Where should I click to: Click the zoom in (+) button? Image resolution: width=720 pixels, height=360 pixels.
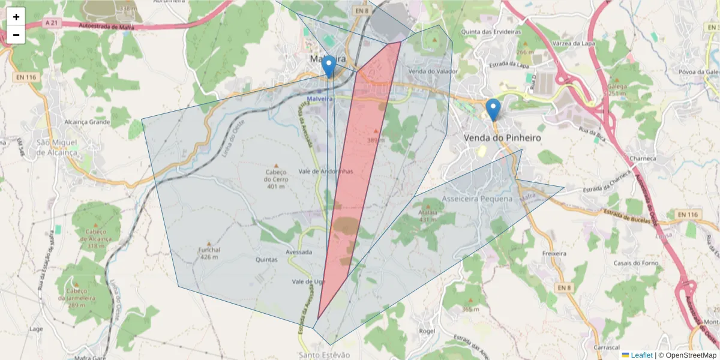click(x=16, y=17)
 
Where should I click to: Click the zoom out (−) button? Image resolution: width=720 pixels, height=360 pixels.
click(x=16, y=35)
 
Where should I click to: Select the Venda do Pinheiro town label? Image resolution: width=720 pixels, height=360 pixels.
click(x=502, y=138)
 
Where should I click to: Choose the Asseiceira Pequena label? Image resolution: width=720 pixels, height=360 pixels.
click(x=478, y=199)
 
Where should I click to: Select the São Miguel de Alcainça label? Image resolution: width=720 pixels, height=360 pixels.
click(x=58, y=148)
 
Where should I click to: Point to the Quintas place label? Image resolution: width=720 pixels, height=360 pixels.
click(x=266, y=260)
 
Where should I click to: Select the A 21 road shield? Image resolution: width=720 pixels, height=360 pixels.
click(x=53, y=22)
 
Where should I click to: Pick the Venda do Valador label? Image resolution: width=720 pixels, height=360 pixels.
click(x=433, y=71)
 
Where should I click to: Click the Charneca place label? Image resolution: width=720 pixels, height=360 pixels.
click(x=644, y=159)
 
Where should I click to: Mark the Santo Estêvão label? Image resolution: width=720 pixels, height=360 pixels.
click(x=324, y=355)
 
